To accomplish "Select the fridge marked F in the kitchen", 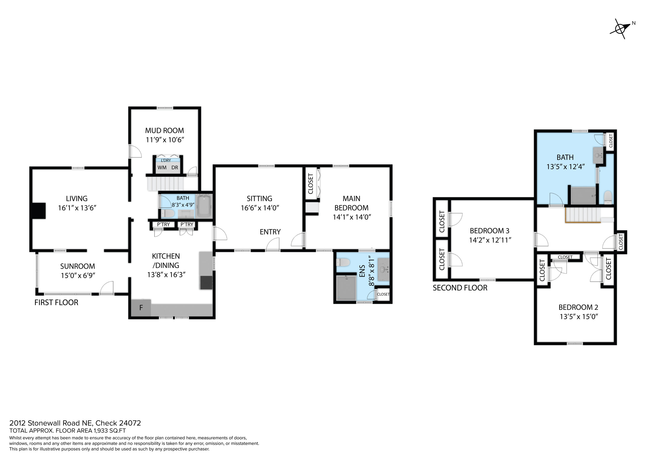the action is [x=141, y=308].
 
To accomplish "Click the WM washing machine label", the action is [x=162, y=167].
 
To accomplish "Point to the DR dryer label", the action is [x=175, y=167].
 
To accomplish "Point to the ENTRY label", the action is [x=270, y=232].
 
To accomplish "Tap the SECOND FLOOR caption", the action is [x=460, y=288].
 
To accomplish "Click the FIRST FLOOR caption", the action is [x=56, y=303].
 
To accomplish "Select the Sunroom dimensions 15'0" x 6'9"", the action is [x=78, y=275].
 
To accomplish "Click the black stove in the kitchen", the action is [x=206, y=283].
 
